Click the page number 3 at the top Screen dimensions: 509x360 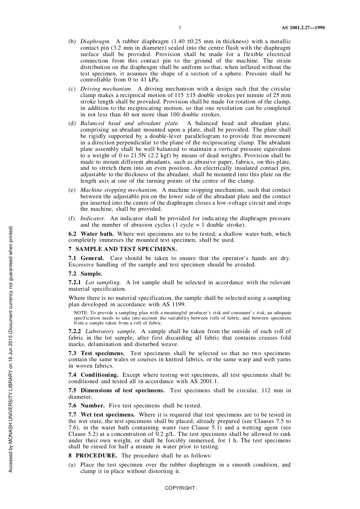pos(180,28)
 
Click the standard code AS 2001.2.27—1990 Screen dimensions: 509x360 pos(303,28)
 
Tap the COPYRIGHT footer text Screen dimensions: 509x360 pos(180,488)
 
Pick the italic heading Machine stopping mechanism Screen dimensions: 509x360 pos(119,190)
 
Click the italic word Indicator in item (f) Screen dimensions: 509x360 pos(92,218)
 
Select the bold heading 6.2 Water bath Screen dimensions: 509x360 pos(91,233)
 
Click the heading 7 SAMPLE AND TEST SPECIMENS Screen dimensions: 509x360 pos(122,249)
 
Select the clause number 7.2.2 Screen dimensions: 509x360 pos(75,331)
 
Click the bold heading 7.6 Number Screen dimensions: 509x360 pos(86,406)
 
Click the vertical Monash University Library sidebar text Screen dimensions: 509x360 pos(11,349)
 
